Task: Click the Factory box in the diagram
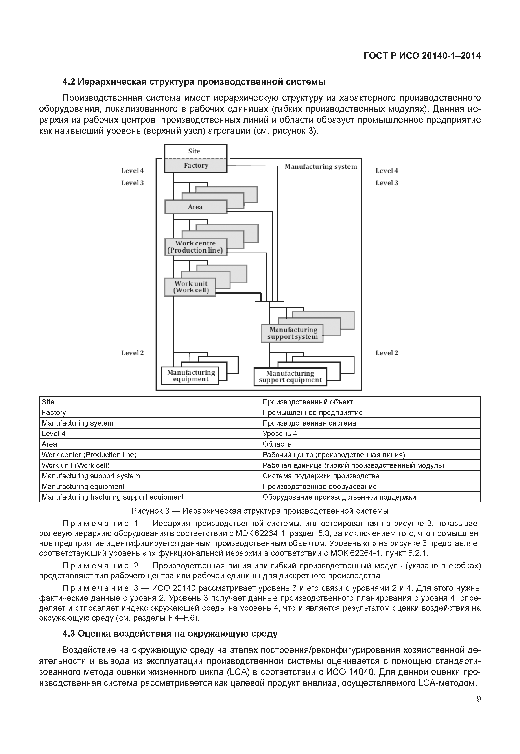tap(195, 166)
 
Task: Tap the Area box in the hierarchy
tap(195, 207)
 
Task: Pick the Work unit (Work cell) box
tap(190, 287)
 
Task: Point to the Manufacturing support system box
tap(292, 333)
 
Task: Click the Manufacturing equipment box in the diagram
tap(190, 376)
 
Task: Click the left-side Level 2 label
tap(132, 353)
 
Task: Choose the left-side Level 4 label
tap(132, 171)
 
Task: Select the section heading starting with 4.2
tap(194, 81)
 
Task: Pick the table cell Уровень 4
tap(280, 434)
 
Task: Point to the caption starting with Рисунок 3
tap(260, 511)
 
